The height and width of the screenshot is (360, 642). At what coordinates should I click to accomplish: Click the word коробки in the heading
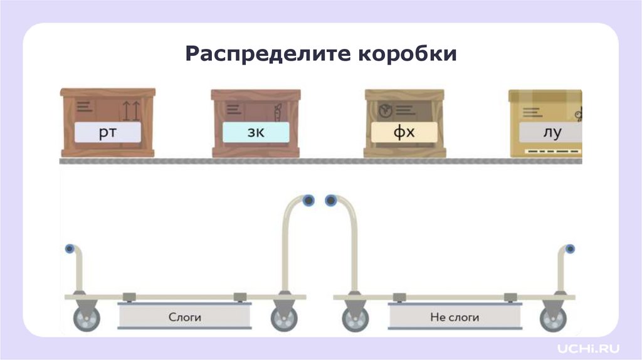coord(407,55)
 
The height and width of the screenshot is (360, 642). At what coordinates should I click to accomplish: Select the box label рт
coord(108,132)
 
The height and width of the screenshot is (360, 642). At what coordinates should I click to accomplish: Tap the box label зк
coord(256,132)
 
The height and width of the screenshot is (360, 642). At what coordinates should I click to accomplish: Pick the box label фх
coord(404,132)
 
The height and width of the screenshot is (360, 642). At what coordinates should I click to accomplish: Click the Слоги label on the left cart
coord(184,317)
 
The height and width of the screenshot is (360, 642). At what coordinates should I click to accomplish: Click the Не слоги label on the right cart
coord(455,317)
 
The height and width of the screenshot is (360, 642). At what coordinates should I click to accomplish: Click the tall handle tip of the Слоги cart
coord(308,201)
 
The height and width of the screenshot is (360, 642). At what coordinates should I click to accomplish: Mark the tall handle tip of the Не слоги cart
coord(330,201)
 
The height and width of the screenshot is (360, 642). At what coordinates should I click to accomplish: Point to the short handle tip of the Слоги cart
coord(70,249)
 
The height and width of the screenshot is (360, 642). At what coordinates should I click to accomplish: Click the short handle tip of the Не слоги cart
coord(570,249)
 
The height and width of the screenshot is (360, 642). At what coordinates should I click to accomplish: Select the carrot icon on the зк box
coord(276,112)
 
